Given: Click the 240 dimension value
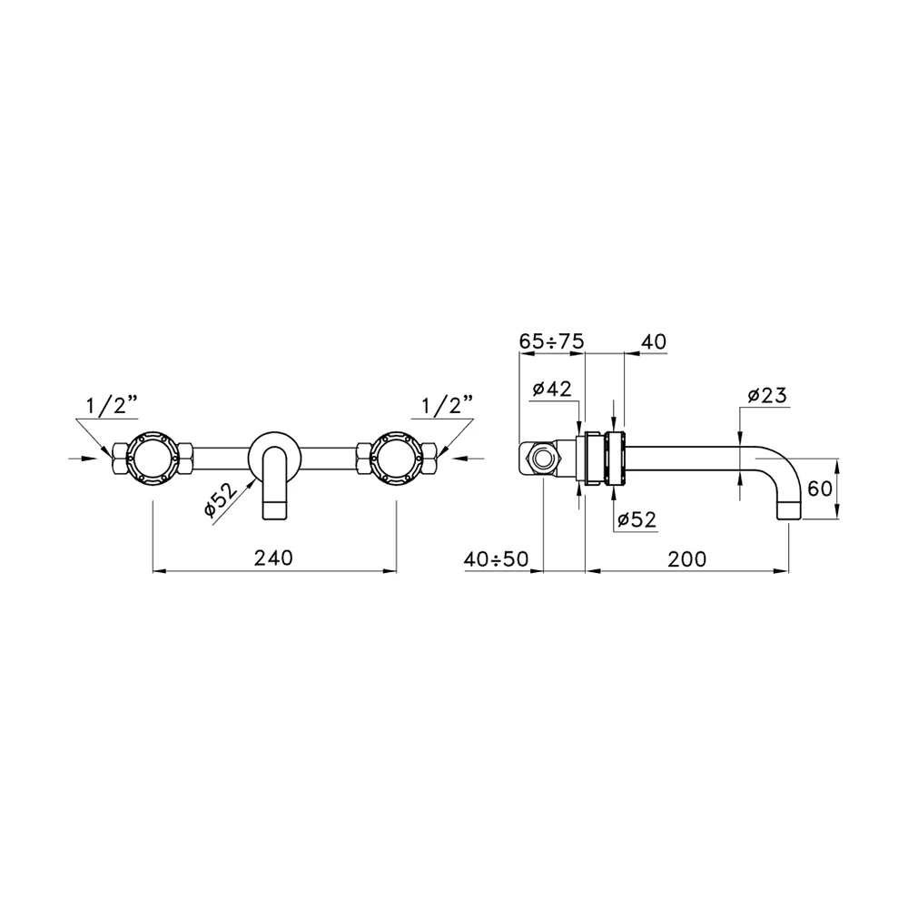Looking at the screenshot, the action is coord(273,558).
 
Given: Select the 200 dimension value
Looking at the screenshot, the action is coord(686,559).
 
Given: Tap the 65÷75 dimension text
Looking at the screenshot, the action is coord(551,341).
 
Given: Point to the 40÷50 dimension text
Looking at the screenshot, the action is coord(497,559).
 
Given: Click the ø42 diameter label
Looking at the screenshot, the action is coord(552,389).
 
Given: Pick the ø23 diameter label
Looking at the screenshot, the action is coord(767,396).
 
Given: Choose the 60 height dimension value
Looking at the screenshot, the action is coord(819,489).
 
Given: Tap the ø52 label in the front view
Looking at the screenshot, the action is coord(222,499).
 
